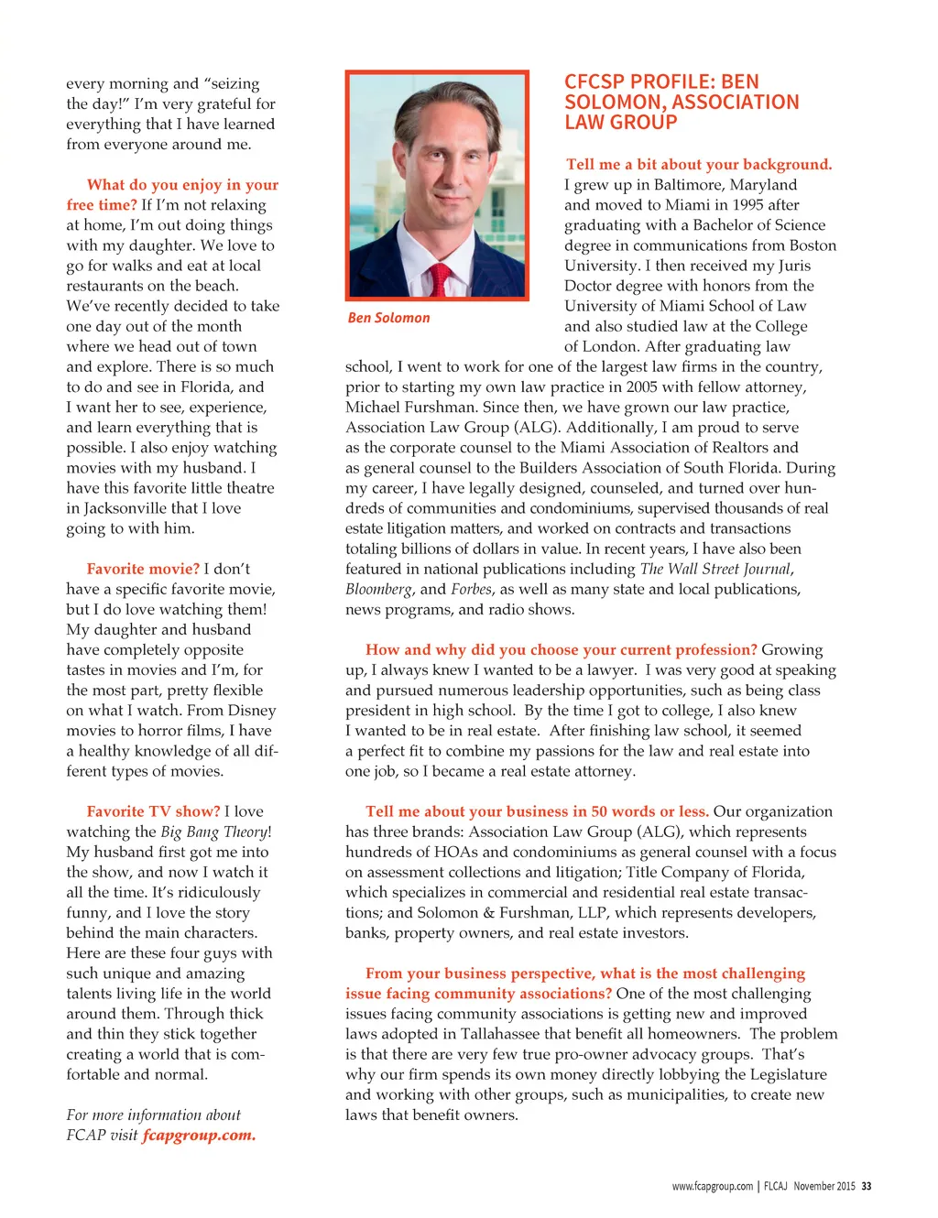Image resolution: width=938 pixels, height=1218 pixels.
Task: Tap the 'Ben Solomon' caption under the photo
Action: (x=388, y=318)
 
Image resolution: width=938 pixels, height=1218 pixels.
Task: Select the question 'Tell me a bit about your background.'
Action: (x=699, y=164)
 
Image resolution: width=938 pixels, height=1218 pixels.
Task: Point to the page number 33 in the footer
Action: (x=867, y=1186)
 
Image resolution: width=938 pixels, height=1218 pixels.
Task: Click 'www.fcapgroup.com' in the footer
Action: (x=712, y=1186)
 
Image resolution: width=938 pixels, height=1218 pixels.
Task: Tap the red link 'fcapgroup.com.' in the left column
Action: (x=199, y=1135)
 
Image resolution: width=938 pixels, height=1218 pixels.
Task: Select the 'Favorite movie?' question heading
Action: (x=143, y=569)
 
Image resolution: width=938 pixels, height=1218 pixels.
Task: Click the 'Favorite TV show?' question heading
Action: (x=153, y=810)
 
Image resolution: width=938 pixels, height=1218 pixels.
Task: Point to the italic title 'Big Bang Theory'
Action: (x=213, y=832)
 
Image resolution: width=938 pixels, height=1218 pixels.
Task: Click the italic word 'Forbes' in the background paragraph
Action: (x=471, y=589)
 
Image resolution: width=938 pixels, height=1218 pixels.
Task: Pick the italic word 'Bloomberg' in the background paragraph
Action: (x=378, y=589)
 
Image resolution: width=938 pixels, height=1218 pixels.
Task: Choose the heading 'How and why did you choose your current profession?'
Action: (x=561, y=649)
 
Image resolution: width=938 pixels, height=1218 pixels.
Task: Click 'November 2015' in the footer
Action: (x=824, y=1186)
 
